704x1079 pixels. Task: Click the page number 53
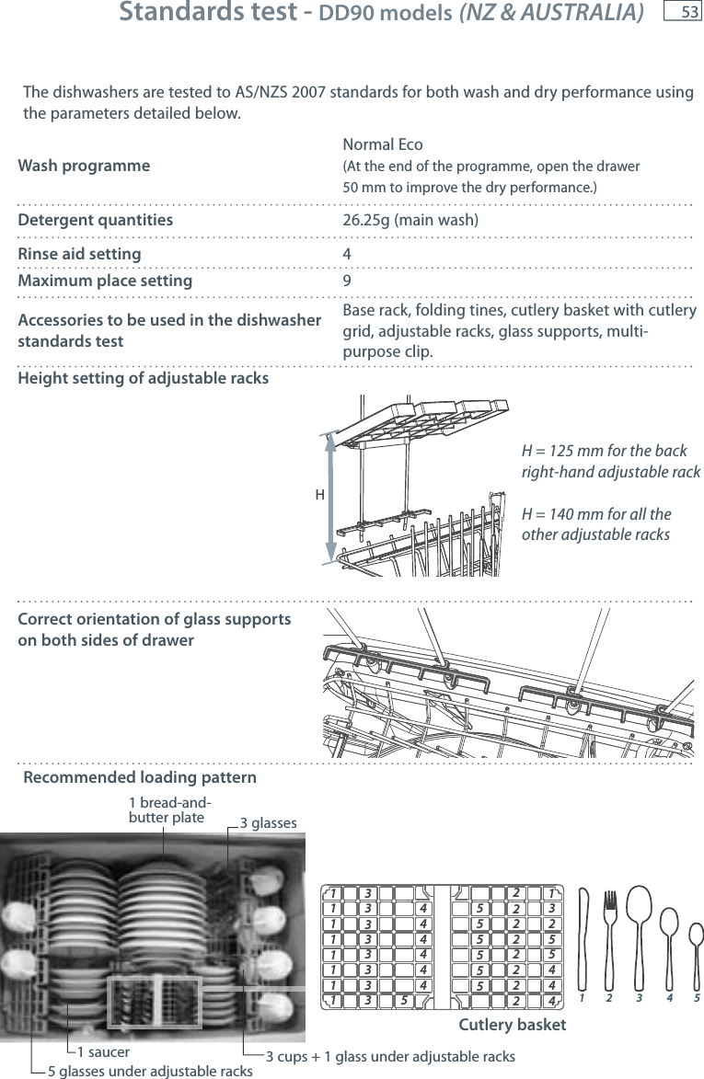click(688, 12)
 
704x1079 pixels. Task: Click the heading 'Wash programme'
click(84, 166)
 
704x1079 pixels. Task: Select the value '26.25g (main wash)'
click(410, 220)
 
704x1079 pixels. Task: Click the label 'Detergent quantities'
click(96, 220)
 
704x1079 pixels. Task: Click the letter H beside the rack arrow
click(319, 494)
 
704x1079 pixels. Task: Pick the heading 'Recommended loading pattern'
click(140, 779)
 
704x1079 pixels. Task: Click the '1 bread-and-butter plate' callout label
click(167, 809)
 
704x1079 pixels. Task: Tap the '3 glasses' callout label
click(268, 822)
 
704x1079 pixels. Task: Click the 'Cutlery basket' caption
click(512, 1025)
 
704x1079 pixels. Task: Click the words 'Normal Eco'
click(382, 145)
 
